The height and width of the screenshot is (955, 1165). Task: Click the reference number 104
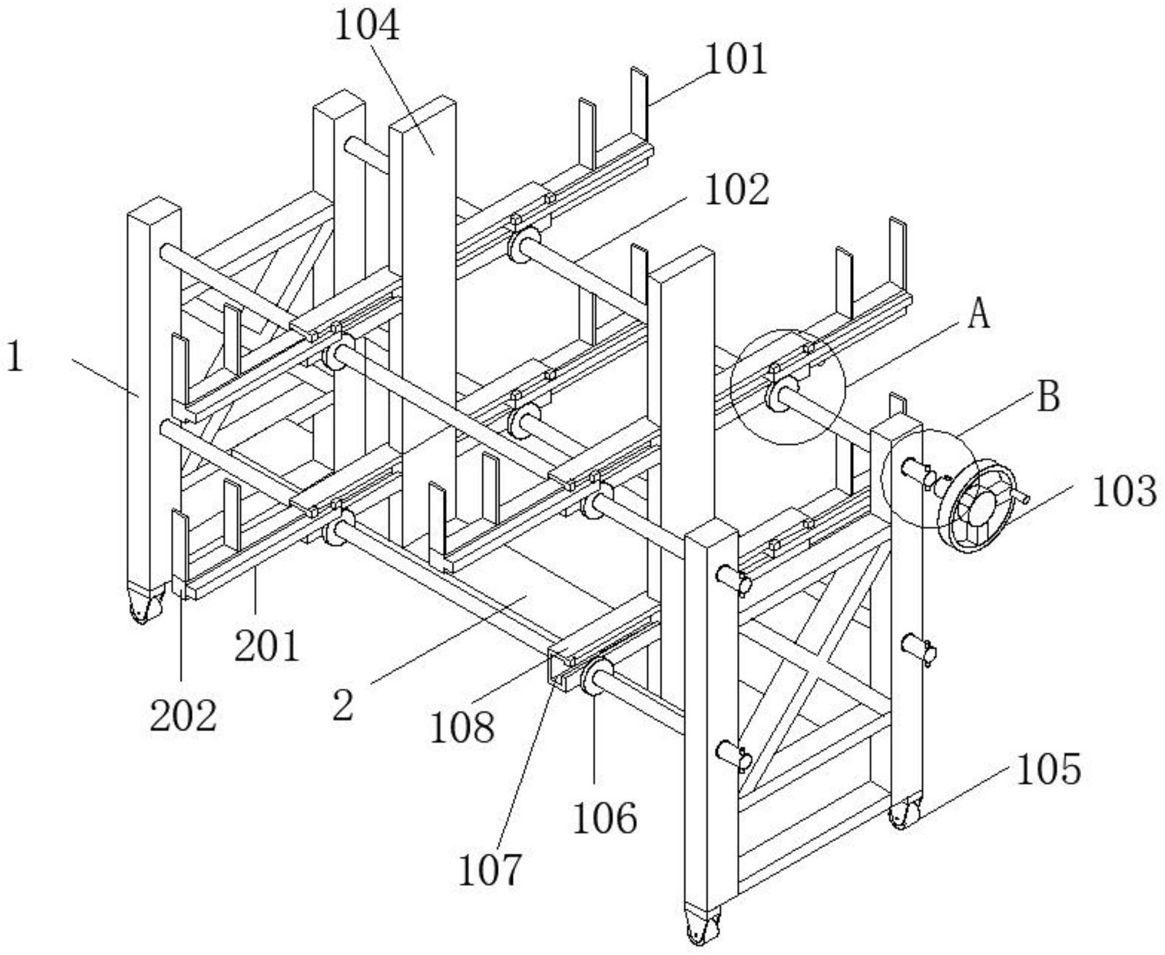tap(367, 27)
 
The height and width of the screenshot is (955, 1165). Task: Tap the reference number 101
tap(735, 59)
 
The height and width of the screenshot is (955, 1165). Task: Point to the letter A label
tap(978, 315)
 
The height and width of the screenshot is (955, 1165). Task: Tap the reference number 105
tap(1048, 769)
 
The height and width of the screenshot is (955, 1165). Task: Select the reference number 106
tap(605, 818)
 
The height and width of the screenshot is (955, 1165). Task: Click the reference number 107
tap(489, 870)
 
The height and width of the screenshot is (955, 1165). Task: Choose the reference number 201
tap(267, 646)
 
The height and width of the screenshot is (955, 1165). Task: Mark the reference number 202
tap(183, 716)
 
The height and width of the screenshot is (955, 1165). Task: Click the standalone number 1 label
tap(15, 356)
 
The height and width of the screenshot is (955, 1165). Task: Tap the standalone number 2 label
tap(343, 705)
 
